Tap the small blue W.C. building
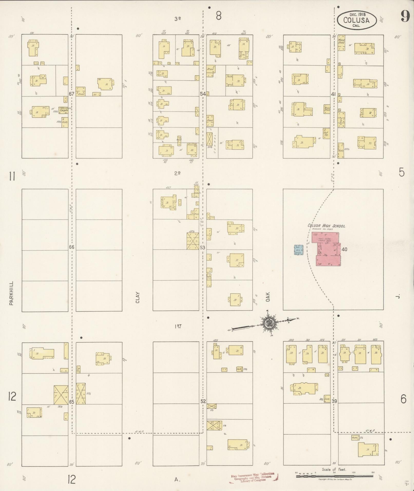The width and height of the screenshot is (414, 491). [x=299, y=249]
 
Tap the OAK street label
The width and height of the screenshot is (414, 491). [x=268, y=297]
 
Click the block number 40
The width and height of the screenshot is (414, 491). [x=344, y=249]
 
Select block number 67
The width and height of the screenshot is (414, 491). [x=72, y=94]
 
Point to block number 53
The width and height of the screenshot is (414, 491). [x=203, y=248]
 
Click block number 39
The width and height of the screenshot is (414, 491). [x=334, y=401]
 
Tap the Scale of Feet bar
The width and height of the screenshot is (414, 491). [x=334, y=476]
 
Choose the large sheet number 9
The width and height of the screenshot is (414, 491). [x=405, y=17]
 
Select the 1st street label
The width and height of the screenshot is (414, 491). [x=178, y=326]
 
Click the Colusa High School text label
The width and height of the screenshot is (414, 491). [x=326, y=226]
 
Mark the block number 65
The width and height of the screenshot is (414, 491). [x=72, y=402]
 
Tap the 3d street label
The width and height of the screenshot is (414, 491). [x=177, y=19]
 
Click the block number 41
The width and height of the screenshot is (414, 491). [x=333, y=94]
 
